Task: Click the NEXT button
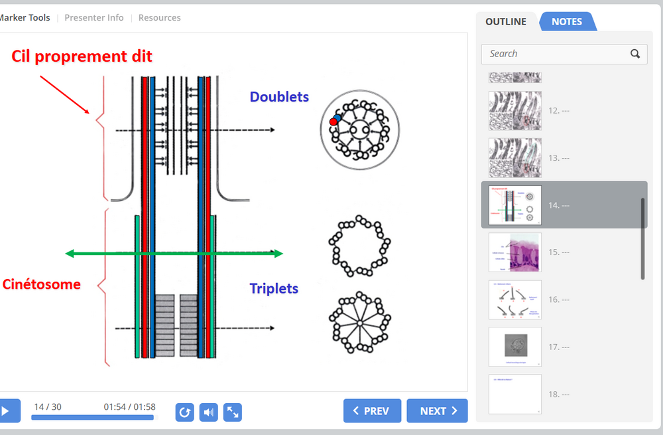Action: click(437, 411)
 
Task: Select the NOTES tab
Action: click(567, 21)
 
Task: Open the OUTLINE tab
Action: click(506, 21)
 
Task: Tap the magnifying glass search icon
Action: click(635, 54)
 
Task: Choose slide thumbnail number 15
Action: click(515, 252)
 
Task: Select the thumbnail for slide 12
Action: click(515, 110)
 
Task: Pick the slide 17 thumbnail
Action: click(515, 347)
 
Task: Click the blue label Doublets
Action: click(279, 97)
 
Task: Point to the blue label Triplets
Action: click(274, 288)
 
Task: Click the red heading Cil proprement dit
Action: click(82, 56)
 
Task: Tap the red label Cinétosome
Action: click(42, 284)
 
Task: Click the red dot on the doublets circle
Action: click(333, 122)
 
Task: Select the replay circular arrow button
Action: click(185, 412)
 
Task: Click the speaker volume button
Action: click(209, 412)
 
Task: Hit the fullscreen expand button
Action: click(233, 412)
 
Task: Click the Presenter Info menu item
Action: click(94, 18)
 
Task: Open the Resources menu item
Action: click(159, 18)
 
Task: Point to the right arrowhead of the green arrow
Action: click(279, 253)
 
